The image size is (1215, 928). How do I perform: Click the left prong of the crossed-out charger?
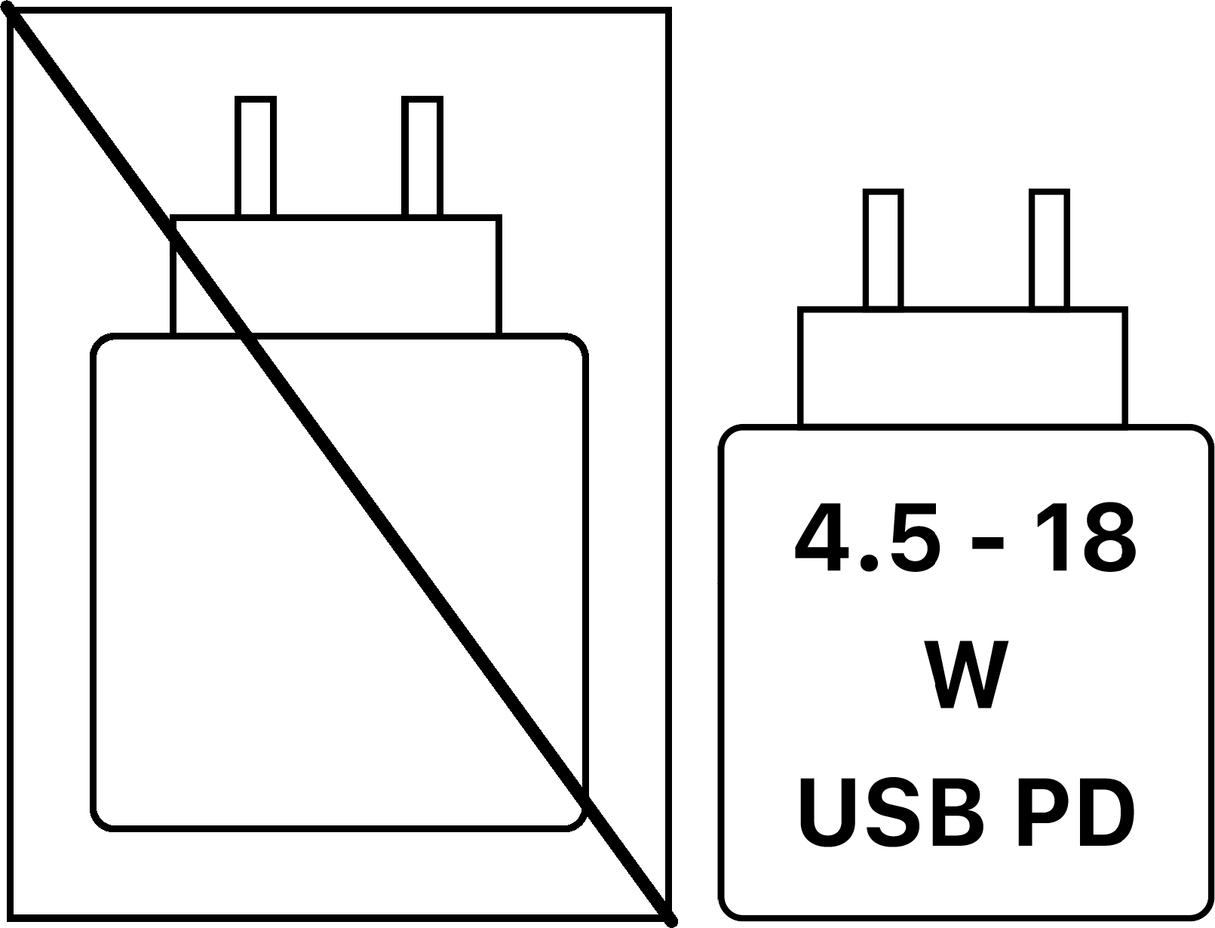[x=256, y=156]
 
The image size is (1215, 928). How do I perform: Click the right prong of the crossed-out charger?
[x=422, y=156]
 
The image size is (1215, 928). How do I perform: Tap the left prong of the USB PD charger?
[x=883, y=249]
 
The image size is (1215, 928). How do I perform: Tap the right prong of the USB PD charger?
[x=1049, y=249]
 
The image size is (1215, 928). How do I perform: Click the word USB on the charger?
[x=891, y=812]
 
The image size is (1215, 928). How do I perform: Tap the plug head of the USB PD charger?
[x=962, y=367]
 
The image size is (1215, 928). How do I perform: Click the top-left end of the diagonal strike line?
[x=13, y=16]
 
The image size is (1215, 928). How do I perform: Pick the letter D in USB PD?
[x=1108, y=812]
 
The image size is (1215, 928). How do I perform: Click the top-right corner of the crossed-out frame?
[x=670, y=10]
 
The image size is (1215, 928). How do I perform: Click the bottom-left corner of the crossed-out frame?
[x=10, y=920]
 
